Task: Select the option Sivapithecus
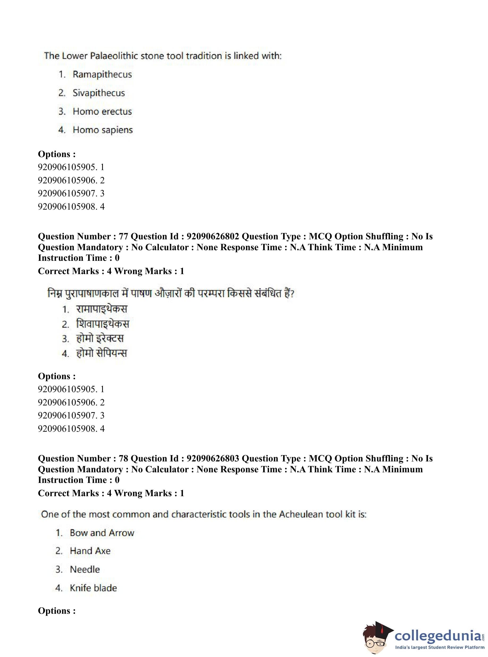coord(99,93)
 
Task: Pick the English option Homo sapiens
coord(103,130)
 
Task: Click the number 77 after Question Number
coord(123,236)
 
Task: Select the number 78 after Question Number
coord(123,459)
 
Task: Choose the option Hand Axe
coord(90,551)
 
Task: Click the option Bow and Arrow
coord(102,533)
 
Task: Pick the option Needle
coord(85,569)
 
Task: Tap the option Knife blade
coord(93,588)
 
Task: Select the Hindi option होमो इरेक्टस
coord(100,339)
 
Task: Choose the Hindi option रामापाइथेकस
coord(101,309)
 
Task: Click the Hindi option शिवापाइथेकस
coord(103,324)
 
